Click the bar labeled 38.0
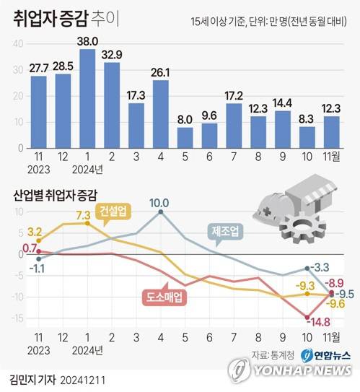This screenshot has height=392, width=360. point(88,98)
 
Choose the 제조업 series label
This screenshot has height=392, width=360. point(227,231)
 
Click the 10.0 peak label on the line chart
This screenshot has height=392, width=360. point(160,203)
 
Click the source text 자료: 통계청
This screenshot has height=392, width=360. point(272,354)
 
